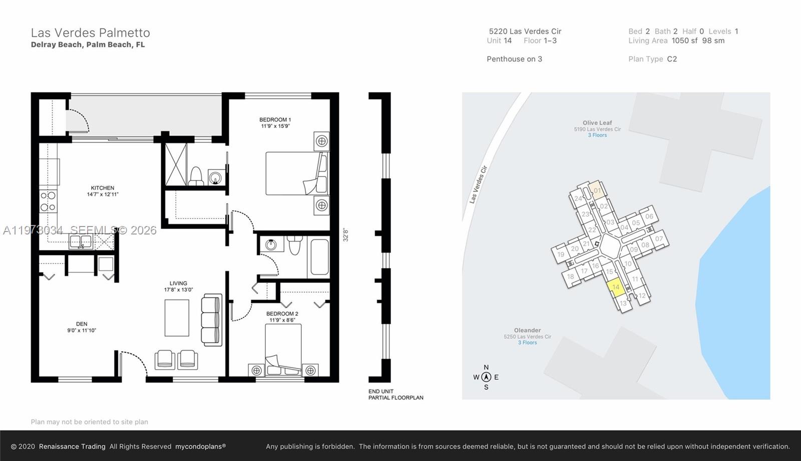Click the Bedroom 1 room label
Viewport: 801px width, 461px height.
click(275, 119)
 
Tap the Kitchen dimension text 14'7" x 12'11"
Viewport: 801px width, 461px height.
click(103, 194)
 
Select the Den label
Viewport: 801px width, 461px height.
click(82, 324)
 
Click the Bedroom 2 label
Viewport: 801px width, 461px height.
click(282, 313)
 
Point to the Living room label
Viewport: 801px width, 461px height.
click(178, 283)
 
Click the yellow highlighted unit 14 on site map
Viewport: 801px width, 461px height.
click(616, 287)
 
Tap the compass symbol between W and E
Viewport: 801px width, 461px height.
click(486, 377)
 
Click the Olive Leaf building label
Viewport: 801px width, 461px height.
click(597, 122)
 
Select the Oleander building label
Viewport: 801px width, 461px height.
click(527, 330)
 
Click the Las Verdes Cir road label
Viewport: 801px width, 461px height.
click(478, 184)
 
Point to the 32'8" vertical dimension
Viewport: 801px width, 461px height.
click(345, 235)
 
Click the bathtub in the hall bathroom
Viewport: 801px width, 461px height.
click(319, 257)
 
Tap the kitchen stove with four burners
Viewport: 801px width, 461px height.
click(48, 202)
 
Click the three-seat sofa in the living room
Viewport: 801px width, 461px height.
click(211, 320)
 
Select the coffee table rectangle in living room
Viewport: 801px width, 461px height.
click(177, 318)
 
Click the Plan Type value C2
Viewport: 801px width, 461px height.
click(672, 59)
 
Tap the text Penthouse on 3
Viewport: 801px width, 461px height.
click(514, 59)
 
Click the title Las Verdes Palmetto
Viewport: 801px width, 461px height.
click(90, 33)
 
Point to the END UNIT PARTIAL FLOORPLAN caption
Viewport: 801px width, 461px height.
click(395, 394)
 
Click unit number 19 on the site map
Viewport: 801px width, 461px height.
click(561, 254)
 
